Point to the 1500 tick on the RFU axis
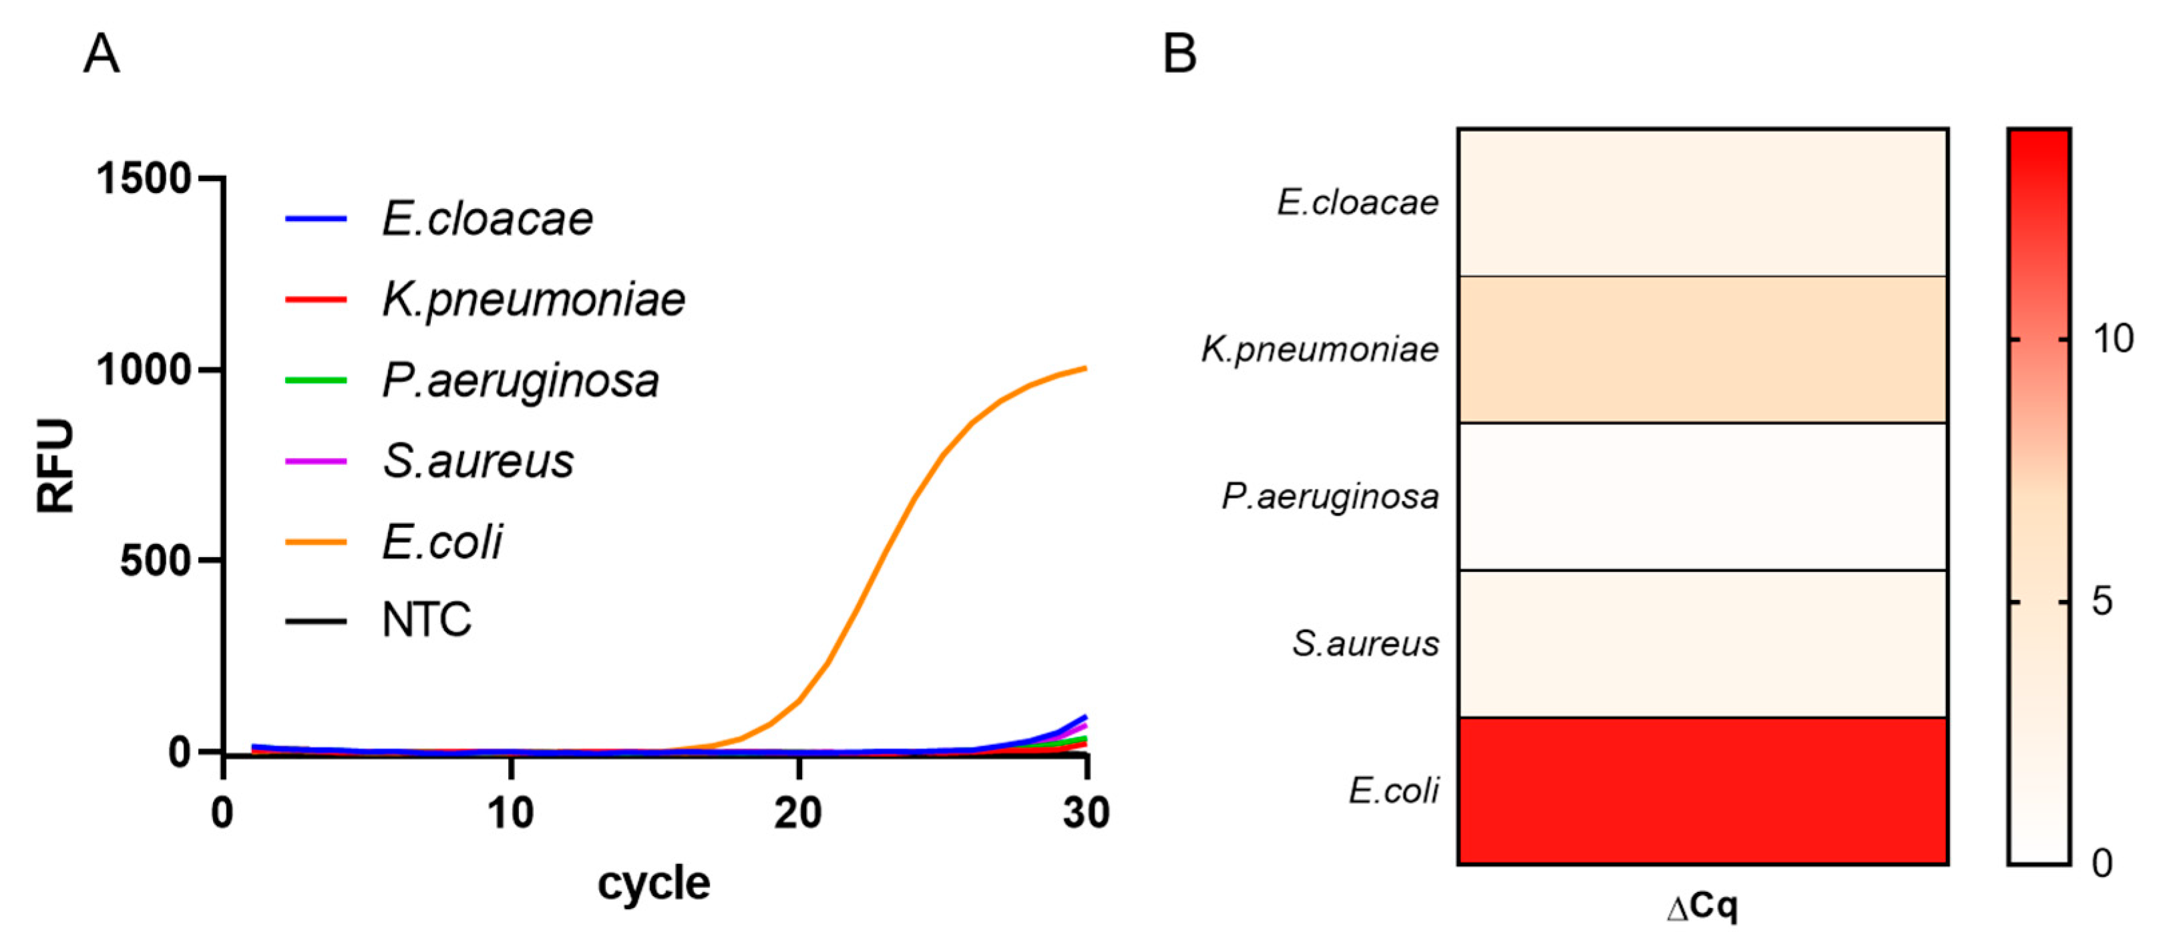(144, 178)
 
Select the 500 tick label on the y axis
(156, 561)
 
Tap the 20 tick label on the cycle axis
(798, 813)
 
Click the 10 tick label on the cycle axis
(510, 813)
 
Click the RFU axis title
(56, 466)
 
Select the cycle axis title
(653, 883)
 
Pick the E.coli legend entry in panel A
(441, 542)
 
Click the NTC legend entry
(426, 621)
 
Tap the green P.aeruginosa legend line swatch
(316, 380)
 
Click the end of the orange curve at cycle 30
(1085, 367)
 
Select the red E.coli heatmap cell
(1702, 790)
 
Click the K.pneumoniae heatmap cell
(1702, 349)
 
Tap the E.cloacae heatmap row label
(1358, 202)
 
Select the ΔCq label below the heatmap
(1702, 907)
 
